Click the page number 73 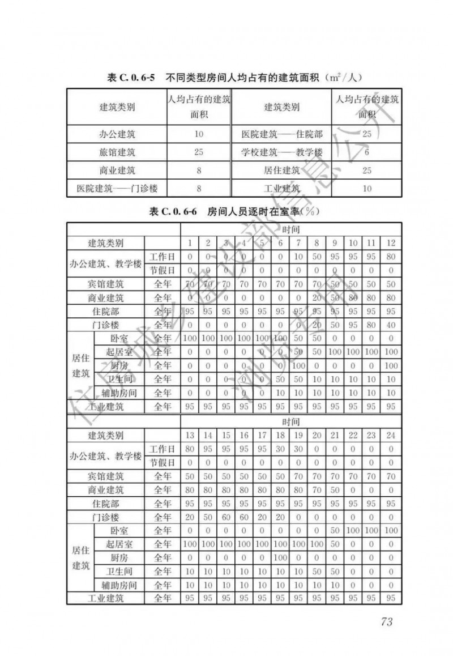pyautogui.click(x=387, y=621)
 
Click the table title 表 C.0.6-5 pyautogui.click(x=131, y=77)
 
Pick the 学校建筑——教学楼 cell pyautogui.click(x=281, y=152)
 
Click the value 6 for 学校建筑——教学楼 pyautogui.click(x=366, y=152)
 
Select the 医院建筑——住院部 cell pyautogui.click(x=281, y=135)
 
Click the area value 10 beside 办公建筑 pyautogui.click(x=198, y=135)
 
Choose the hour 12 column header pyautogui.click(x=390, y=243)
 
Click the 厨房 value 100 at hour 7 pyautogui.click(x=298, y=366)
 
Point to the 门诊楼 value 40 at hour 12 pyautogui.click(x=390, y=325)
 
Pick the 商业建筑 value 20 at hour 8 pyautogui.click(x=317, y=298)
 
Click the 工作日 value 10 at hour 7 pyautogui.click(x=298, y=257)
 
